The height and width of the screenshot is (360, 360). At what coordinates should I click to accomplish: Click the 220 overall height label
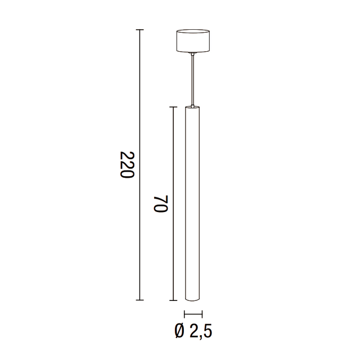coord(127,165)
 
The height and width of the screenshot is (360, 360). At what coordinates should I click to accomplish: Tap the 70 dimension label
coord(160,204)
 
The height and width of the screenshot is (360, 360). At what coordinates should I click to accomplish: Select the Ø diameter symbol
coord(179,331)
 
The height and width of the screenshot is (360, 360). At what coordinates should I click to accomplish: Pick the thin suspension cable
coord(193,79)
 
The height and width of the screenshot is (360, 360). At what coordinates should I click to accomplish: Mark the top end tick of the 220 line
coord(140,30)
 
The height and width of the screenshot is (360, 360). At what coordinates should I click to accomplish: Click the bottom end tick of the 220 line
coord(140,300)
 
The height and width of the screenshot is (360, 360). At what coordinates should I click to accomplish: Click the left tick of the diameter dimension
coord(184,314)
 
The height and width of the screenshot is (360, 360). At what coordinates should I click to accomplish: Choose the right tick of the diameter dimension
coord(201,314)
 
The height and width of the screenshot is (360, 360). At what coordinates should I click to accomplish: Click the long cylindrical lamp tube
coord(193,202)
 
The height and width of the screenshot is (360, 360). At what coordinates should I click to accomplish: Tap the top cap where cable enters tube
coord(193,107)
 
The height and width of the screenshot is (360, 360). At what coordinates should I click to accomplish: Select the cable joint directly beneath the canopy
coord(193,54)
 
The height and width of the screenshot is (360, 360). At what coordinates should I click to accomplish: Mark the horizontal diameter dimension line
coord(193,314)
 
